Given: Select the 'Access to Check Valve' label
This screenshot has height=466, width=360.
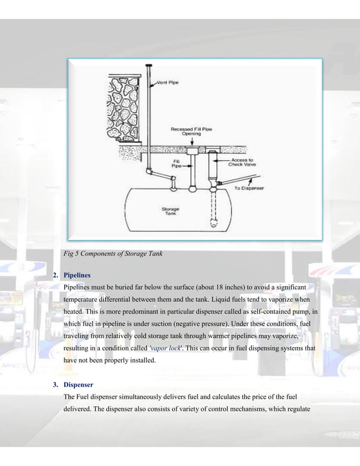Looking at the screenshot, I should pyautogui.click(x=242, y=162).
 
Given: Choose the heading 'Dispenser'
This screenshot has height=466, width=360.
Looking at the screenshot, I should pyautogui.click(x=80, y=386).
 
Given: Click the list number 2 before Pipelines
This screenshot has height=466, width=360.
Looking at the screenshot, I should pyautogui.click(x=54, y=276).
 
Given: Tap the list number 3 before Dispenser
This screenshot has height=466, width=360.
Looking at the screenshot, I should pyautogui.click(x=54, y=386).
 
